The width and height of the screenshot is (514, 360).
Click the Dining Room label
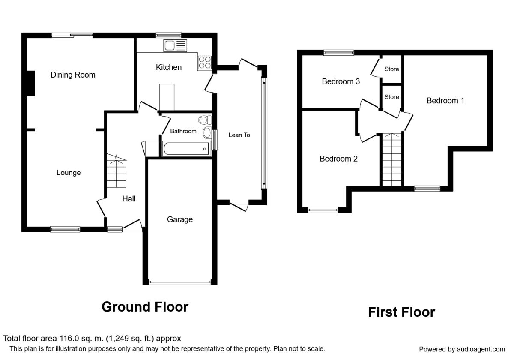point(73,75)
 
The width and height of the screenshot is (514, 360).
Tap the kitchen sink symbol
point(175,46)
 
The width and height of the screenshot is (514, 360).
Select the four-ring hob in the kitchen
point(205,63)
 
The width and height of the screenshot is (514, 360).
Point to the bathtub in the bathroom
point(186,149)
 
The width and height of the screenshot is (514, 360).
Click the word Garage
point(180,219)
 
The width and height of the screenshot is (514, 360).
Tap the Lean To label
point(239,135)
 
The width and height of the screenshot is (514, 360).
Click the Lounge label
point(69,173)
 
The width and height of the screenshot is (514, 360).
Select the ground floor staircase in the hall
point(117,171)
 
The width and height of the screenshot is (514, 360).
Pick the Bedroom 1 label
point(445,101)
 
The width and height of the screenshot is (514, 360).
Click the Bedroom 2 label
point(338,159)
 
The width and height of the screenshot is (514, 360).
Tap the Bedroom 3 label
point(341,81)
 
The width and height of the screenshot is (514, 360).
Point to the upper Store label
point(391,69)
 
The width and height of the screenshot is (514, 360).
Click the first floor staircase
point(391,159)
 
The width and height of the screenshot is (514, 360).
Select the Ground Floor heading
point(145,307)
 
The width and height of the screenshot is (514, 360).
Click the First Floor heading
point(402,312)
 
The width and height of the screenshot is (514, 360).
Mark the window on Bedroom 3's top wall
point(339,53)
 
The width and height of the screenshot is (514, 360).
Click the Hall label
point(129,199)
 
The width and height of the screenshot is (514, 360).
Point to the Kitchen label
point(169,67)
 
